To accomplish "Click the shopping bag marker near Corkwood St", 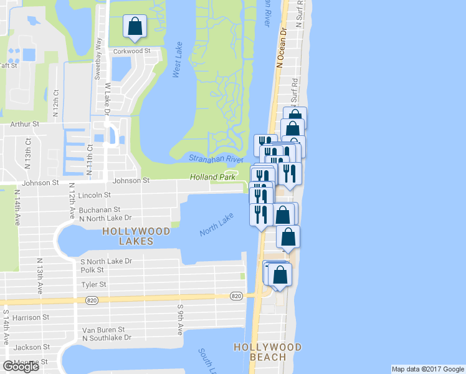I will [x=135, y=27].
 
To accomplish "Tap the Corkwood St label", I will [x=131, y=51].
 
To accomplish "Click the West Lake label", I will [x=177, y=65].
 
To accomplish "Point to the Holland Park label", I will [x=213, y=178].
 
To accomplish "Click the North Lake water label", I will [x=216, y=224].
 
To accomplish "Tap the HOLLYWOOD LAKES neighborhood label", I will [x=136, y=236].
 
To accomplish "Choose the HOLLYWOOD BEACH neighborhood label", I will [x=267, y=352].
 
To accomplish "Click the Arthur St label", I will [x=26, y=125].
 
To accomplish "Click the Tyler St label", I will [x=93, y=284].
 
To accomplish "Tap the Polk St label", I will [x=92, y=270].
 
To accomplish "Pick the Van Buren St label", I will [x=103, y=329].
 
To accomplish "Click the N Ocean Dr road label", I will [x=281, y=47].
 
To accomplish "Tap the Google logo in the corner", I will [x=21, y=367].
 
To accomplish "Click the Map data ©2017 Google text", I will [x=427, y=369].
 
